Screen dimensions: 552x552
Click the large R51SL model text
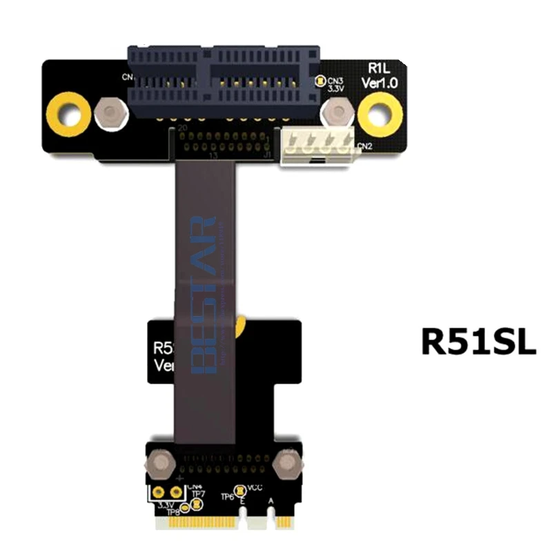coord(478,341)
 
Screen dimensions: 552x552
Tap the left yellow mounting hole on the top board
coord(68,110)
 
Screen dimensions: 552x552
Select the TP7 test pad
coord(196,504)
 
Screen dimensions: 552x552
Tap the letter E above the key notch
coord(241,502)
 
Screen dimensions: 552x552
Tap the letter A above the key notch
coord(270,502)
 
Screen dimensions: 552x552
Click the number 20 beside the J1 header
coord(183,128)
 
